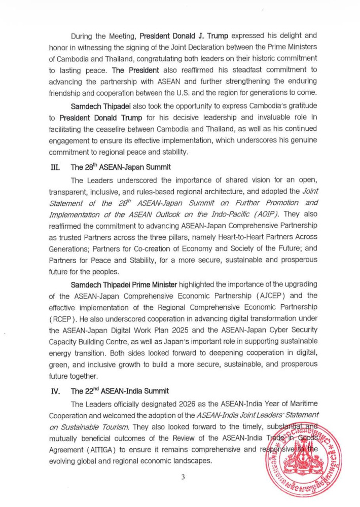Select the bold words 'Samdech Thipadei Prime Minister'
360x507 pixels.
click(x=124, y=284)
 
